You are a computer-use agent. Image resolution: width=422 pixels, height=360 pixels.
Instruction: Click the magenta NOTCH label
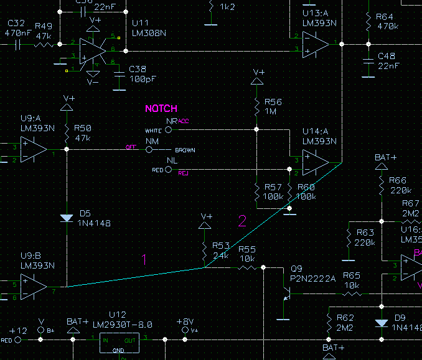coord(161,108)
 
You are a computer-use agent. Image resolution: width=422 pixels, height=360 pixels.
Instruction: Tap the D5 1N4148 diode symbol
coord(67,218)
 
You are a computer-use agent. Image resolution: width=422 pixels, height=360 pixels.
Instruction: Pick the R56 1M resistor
coord(256,107)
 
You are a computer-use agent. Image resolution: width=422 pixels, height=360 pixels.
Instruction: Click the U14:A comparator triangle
coord(315,162)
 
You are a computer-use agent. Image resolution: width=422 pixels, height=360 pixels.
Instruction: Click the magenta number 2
coord(242,220)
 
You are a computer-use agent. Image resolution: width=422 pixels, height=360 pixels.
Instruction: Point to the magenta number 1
coord(144,259)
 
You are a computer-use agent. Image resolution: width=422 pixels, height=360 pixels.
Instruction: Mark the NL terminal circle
coord(169,169)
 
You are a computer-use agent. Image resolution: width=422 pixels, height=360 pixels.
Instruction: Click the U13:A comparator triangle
coord(315,44)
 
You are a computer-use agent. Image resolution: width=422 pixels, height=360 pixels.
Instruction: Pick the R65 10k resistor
coord(352,292)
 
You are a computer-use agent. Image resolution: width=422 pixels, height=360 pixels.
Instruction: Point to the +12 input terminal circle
coord(18,340)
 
